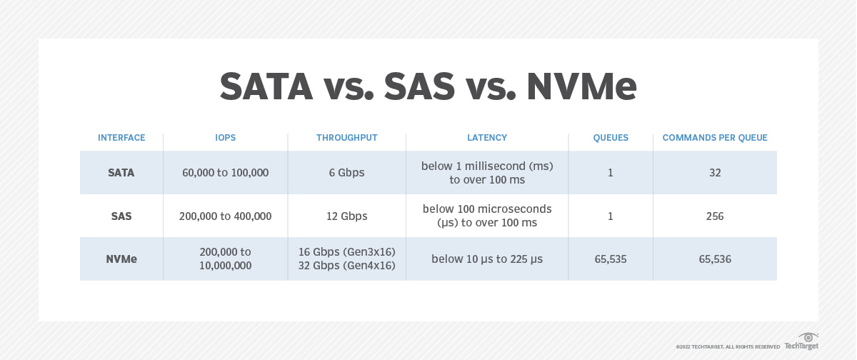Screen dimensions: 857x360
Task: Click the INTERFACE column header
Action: pos(121,138)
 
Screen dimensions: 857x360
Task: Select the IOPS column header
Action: pos(226,138)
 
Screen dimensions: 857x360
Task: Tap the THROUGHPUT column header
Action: pos(346,138)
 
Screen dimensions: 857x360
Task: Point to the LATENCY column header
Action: pos(487,138)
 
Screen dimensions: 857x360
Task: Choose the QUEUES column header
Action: pos(611,138)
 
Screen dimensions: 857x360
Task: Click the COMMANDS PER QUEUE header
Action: pos(715,138)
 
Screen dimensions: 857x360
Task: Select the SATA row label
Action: pos(121,173)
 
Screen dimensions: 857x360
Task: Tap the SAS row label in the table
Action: pos(121,216)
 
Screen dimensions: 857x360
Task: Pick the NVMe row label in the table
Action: pos(121,259)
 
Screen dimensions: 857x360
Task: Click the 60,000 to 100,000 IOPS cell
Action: pos(226,173)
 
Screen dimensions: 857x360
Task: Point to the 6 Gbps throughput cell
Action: pos(346,173)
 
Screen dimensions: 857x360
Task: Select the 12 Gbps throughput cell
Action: pos(346,216)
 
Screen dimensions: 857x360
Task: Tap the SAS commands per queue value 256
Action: pos(715,216)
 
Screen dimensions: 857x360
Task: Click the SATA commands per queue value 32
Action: pos(715,173)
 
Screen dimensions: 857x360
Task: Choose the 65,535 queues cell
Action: pos(611,259)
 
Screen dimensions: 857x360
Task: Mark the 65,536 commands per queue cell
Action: pos(715,259)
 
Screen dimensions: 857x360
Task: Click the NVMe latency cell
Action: pos(487,259)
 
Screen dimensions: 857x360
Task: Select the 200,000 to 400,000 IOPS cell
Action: pos(226,216)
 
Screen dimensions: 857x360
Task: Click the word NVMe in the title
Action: pos(582,86)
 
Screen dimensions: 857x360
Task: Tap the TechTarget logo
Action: pos(801,341)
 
